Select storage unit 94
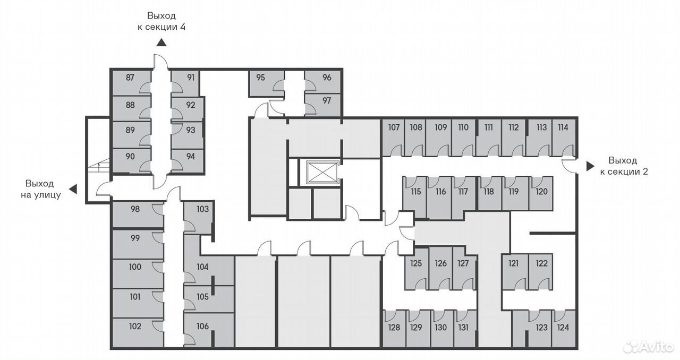click(187, 161)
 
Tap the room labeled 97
click(322, 105)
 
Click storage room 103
click(198, 218)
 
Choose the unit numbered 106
click(209, 330)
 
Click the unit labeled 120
click(541, 194)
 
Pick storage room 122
click(540, 272)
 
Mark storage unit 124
click(564, 329)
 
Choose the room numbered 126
click(441, 268)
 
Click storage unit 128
click(394, 329)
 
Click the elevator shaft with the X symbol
click(322, 173)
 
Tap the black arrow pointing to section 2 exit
click(590, 166)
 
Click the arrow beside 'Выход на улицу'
click(73, 189)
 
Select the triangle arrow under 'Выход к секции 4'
click(161, 43)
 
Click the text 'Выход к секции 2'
click(624, 166)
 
